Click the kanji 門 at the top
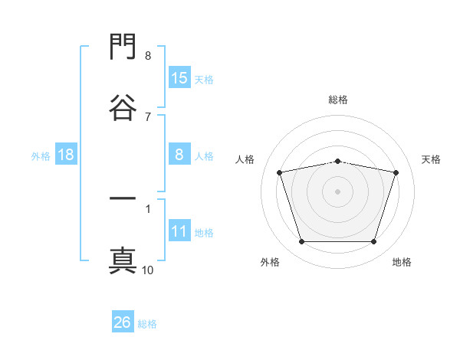(x=123, y=46)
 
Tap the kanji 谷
(x=123, y=107)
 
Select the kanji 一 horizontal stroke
(x=123, y=198)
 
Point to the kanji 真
(x=123, y=260)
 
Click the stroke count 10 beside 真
(x=147, y=270)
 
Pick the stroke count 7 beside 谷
(x=148, y=117)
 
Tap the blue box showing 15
(x=179, y=77)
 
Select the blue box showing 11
(x=179, y=230)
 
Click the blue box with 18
(x=66, y=154)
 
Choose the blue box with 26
(x=123, y=321)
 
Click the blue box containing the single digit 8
(x=179, y=154)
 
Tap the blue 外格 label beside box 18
(x=41, y=156)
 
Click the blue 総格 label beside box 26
(x=147, y=324)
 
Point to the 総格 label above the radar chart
(x=338, y=100)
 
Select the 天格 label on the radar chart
(x=431, y=159)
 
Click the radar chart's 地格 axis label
(x=402, y=262)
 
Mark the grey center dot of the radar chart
(x=337, y=191)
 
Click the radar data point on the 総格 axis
(x=337, y=162)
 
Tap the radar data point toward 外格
(x=302, y=241)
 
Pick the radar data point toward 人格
(x=280, y=172)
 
